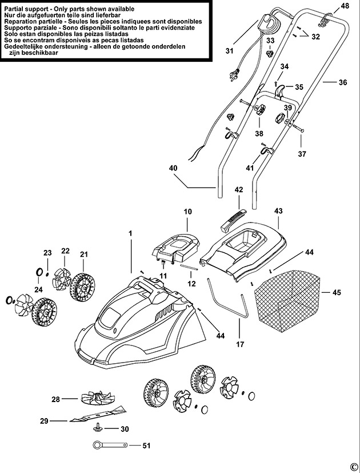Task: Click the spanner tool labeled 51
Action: point(110,445)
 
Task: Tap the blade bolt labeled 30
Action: point(97,427)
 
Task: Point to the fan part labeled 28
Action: point(98,399)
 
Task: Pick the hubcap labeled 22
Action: point(62,279)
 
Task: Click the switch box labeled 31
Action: point(270,24)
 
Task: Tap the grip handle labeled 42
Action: point(233,221)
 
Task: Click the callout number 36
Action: point(343,82)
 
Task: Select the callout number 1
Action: point(130,233)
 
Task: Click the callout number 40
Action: point(173,168)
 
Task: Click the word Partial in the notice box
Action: point(14,9)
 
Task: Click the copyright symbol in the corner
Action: point(354,467)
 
